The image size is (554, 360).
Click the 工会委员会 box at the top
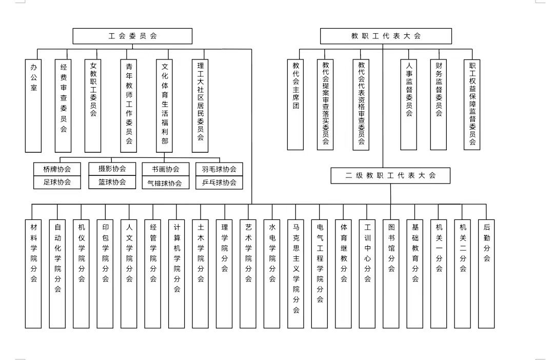point(132,36)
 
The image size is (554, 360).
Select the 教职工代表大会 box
point(386,36)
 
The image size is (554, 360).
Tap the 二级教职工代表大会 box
point(390,175)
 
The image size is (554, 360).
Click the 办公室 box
point(33,106)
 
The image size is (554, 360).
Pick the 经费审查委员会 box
point(63,106)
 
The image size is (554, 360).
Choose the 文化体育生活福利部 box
point(164,106)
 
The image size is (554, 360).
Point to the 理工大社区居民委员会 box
point(200,106)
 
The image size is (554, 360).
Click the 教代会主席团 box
point(295,105)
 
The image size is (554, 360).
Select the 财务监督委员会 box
point(439,105)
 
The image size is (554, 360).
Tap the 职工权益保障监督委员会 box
point(472,105)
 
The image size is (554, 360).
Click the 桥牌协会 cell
point(57,169)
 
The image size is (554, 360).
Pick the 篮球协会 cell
point(112,182)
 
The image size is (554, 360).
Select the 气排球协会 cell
point(166,183)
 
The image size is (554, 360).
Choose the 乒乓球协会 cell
point(220,183)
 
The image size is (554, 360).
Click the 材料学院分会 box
point(33,274)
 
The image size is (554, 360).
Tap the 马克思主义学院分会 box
point(296,274)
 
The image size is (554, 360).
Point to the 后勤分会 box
point(486,274)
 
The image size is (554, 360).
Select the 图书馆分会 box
point(391,274)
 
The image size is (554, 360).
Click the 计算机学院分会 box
point(176,274)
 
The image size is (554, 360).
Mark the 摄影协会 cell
point(112,169)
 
